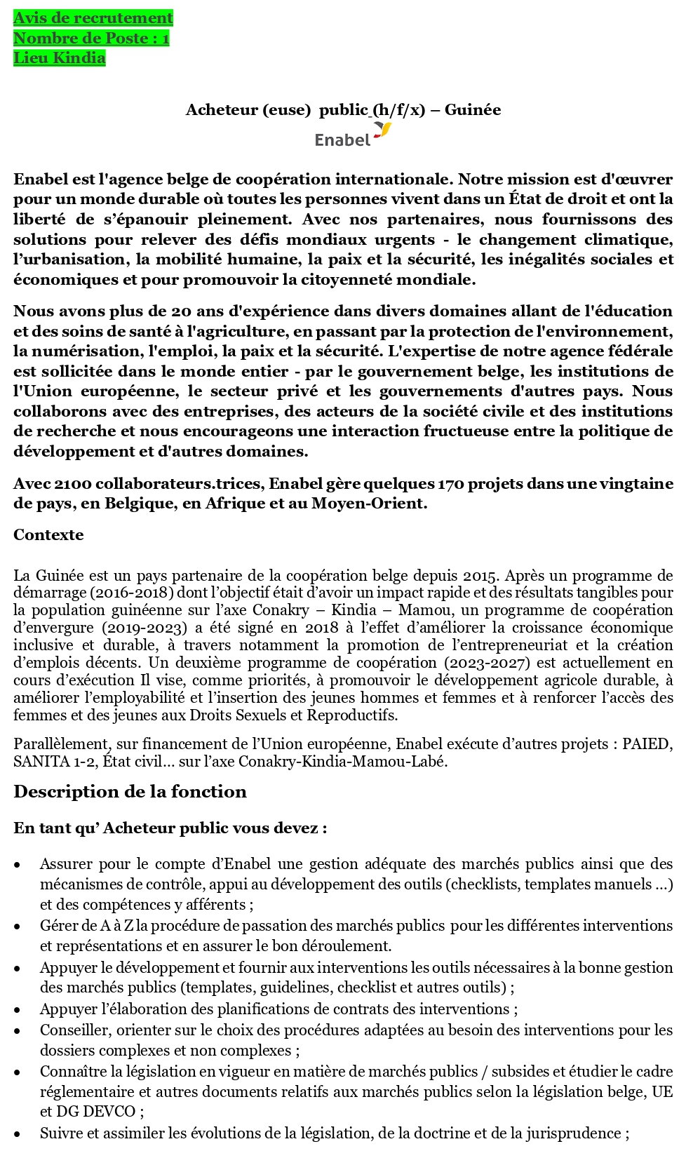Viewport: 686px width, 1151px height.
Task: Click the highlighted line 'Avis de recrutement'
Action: tap(93, 18)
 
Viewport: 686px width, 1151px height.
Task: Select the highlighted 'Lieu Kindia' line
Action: tap(59, 58)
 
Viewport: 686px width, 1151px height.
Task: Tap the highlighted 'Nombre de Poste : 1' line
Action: tap(91, 39)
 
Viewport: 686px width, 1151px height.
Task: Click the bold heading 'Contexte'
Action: tap(48, 535)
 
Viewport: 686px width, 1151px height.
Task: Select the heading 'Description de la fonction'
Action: tap(130, 792)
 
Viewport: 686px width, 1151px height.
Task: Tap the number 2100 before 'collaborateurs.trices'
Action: tap(73, 484)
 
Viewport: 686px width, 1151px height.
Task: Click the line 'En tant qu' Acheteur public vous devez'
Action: tap(170, 828)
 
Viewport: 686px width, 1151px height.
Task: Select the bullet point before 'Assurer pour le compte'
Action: tap(18, 866)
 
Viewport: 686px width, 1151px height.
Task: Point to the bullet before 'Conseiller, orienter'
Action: tap(18, 1031)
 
